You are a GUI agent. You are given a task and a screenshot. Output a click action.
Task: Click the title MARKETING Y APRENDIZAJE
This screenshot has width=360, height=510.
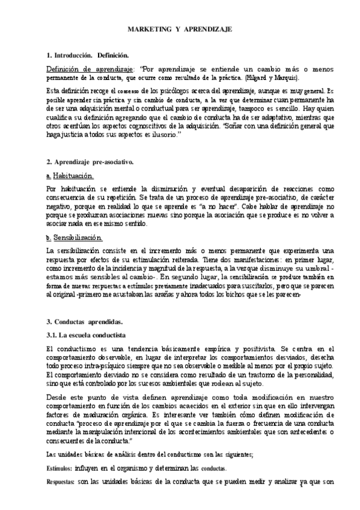pyautogui.click(x=179, y=29)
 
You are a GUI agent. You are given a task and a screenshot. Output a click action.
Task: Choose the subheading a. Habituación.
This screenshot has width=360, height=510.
pyautogui.click(x=70, y=176)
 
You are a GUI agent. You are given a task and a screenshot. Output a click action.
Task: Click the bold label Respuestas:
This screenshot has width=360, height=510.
pyautogui.click(x=62, y=482)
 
